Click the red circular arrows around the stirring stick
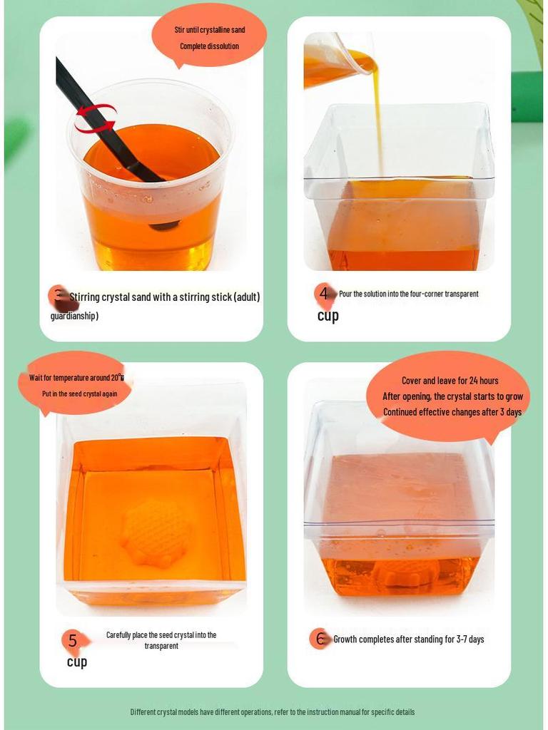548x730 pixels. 95,118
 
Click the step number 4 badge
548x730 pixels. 324,293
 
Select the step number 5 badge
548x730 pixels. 72,640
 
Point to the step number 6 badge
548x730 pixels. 320,639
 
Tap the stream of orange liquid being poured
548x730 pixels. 377,121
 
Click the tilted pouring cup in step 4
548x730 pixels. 335,61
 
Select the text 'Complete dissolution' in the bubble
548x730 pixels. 209,46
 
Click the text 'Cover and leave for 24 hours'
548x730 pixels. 450,381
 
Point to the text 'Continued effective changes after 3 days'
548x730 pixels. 452,412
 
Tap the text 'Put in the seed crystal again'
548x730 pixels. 79,394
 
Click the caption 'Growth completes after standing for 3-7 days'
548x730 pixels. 409,639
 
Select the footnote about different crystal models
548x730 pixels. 272,712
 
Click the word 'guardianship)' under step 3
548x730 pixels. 74,316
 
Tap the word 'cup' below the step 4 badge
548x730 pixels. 328,316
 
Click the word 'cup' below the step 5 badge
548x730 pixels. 77,662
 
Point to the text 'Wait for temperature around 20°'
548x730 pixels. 76,378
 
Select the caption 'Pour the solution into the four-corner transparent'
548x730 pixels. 408,294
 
